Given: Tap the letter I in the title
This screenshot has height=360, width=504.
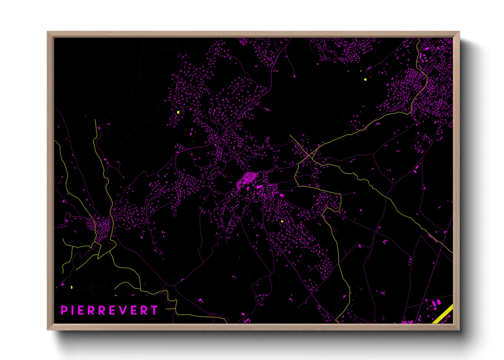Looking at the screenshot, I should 72,310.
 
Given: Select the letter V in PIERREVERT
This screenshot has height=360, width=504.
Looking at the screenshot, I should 124,310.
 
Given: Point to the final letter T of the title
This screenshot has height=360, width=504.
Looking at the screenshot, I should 155,310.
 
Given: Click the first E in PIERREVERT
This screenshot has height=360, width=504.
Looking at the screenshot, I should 81,310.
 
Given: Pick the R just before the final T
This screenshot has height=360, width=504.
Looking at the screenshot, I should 145,310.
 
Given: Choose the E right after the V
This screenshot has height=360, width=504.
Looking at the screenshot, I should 135,310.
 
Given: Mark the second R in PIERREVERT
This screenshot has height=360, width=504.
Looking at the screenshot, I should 103,310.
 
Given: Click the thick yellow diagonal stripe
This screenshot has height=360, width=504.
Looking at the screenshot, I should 443,314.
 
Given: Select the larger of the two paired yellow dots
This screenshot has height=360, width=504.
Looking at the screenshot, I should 365,79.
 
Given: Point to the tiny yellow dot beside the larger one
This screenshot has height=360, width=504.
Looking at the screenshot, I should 361,71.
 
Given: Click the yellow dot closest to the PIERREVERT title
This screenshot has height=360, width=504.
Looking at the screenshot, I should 72,287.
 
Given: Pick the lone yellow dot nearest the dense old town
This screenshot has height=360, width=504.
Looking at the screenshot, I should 282,222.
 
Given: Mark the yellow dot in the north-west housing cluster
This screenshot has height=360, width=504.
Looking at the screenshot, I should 178,112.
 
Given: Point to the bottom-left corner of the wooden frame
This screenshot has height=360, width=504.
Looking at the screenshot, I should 48,329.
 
